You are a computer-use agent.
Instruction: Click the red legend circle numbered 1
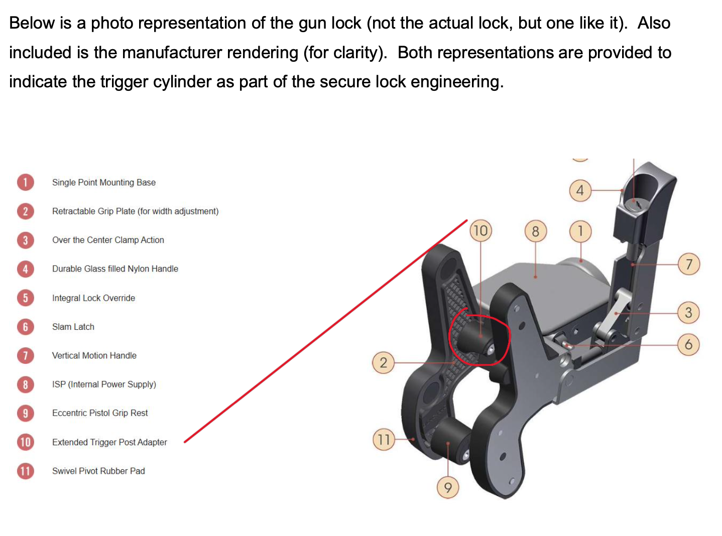(x=26, y=182)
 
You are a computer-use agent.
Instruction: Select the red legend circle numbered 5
(x=26, y=298)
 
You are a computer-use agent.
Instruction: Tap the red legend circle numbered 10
(x=26, y=442)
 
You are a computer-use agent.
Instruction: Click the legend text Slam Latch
(x=73, y=327)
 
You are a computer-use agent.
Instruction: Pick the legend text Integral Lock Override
(x=94, y=298)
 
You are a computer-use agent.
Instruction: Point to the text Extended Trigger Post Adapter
(x=109, y=442)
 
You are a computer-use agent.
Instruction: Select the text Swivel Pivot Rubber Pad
(x=98, y=471)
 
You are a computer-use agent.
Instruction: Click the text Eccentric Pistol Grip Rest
(x=100, y=413)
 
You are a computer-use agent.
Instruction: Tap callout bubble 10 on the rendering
(x=480, y=231)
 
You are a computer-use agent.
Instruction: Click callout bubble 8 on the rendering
(x=536, y=231)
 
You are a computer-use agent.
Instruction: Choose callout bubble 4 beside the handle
(x=580, y=190)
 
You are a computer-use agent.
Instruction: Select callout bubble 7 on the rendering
(x=689, y=264)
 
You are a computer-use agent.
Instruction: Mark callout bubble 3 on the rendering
(x=688, y=313)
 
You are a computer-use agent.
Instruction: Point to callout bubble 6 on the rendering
(x=688, y=344)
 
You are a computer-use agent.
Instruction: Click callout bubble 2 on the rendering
(x=384, y=362)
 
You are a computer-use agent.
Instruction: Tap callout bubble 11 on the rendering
(x=384, y=439)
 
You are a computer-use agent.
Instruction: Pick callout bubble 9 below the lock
(x=447, y=487)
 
